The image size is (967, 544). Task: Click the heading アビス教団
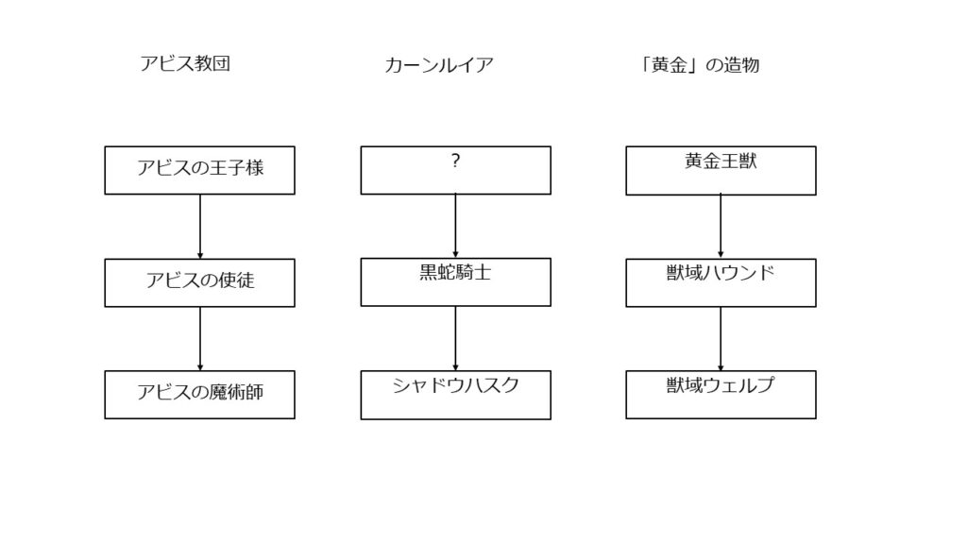point(185,63)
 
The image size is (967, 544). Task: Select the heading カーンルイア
point(439,65)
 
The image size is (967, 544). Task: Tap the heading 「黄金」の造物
point(700,65)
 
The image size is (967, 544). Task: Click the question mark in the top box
point(455,161)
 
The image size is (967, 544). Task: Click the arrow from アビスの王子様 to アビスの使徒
point(200,227)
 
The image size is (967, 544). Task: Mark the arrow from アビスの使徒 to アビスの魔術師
point(200,339)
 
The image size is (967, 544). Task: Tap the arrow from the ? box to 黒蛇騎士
point(456,226)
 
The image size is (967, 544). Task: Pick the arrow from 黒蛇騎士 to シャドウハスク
point(456,339)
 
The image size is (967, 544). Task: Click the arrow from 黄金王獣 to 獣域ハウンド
point(721,227)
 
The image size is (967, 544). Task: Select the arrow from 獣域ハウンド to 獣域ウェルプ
point(721,339)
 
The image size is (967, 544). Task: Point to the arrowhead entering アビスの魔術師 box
point(200,367)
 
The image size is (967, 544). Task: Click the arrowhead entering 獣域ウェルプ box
point(721,367)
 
